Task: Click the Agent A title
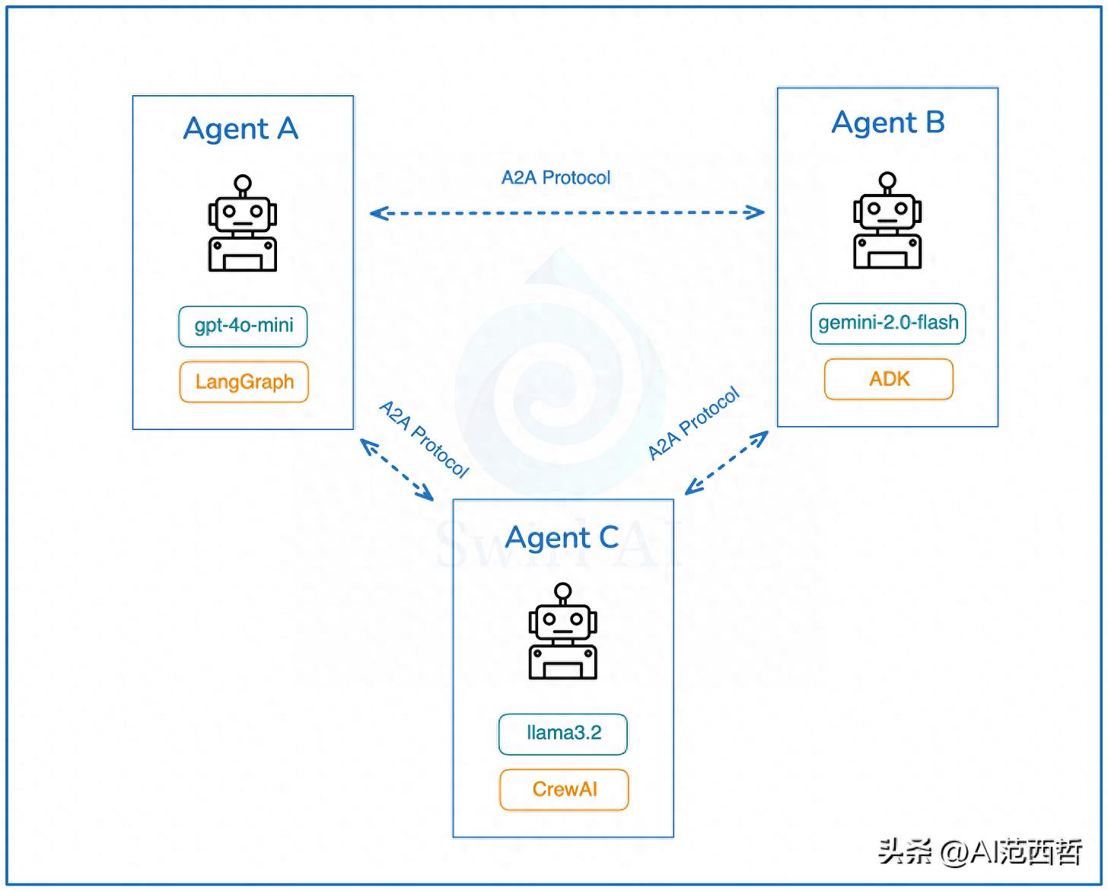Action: pos(240,129)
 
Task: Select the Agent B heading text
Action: pos(888,123)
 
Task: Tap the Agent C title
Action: pos(562,538)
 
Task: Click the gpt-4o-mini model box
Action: pos(244,326)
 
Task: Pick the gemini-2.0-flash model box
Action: pos(888,323)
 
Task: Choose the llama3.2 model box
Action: pos(563,733)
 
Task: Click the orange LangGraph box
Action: pos(244,381)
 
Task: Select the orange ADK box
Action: pos(889,379)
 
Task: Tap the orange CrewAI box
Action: pos(564,789)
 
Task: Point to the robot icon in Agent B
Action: pos(887,221)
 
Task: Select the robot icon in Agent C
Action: pos(563,632)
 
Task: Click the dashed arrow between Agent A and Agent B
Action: pos(567,213)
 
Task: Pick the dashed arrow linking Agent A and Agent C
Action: pos(396,469)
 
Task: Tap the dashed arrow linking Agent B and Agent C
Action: pos(727,463)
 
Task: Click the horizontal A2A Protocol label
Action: pos(556,178)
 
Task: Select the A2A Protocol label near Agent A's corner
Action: pos(424,439)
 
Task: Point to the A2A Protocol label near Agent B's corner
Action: pos(693,423)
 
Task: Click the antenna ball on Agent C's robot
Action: pos(563,590)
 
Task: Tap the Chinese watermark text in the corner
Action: pos(980,852)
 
